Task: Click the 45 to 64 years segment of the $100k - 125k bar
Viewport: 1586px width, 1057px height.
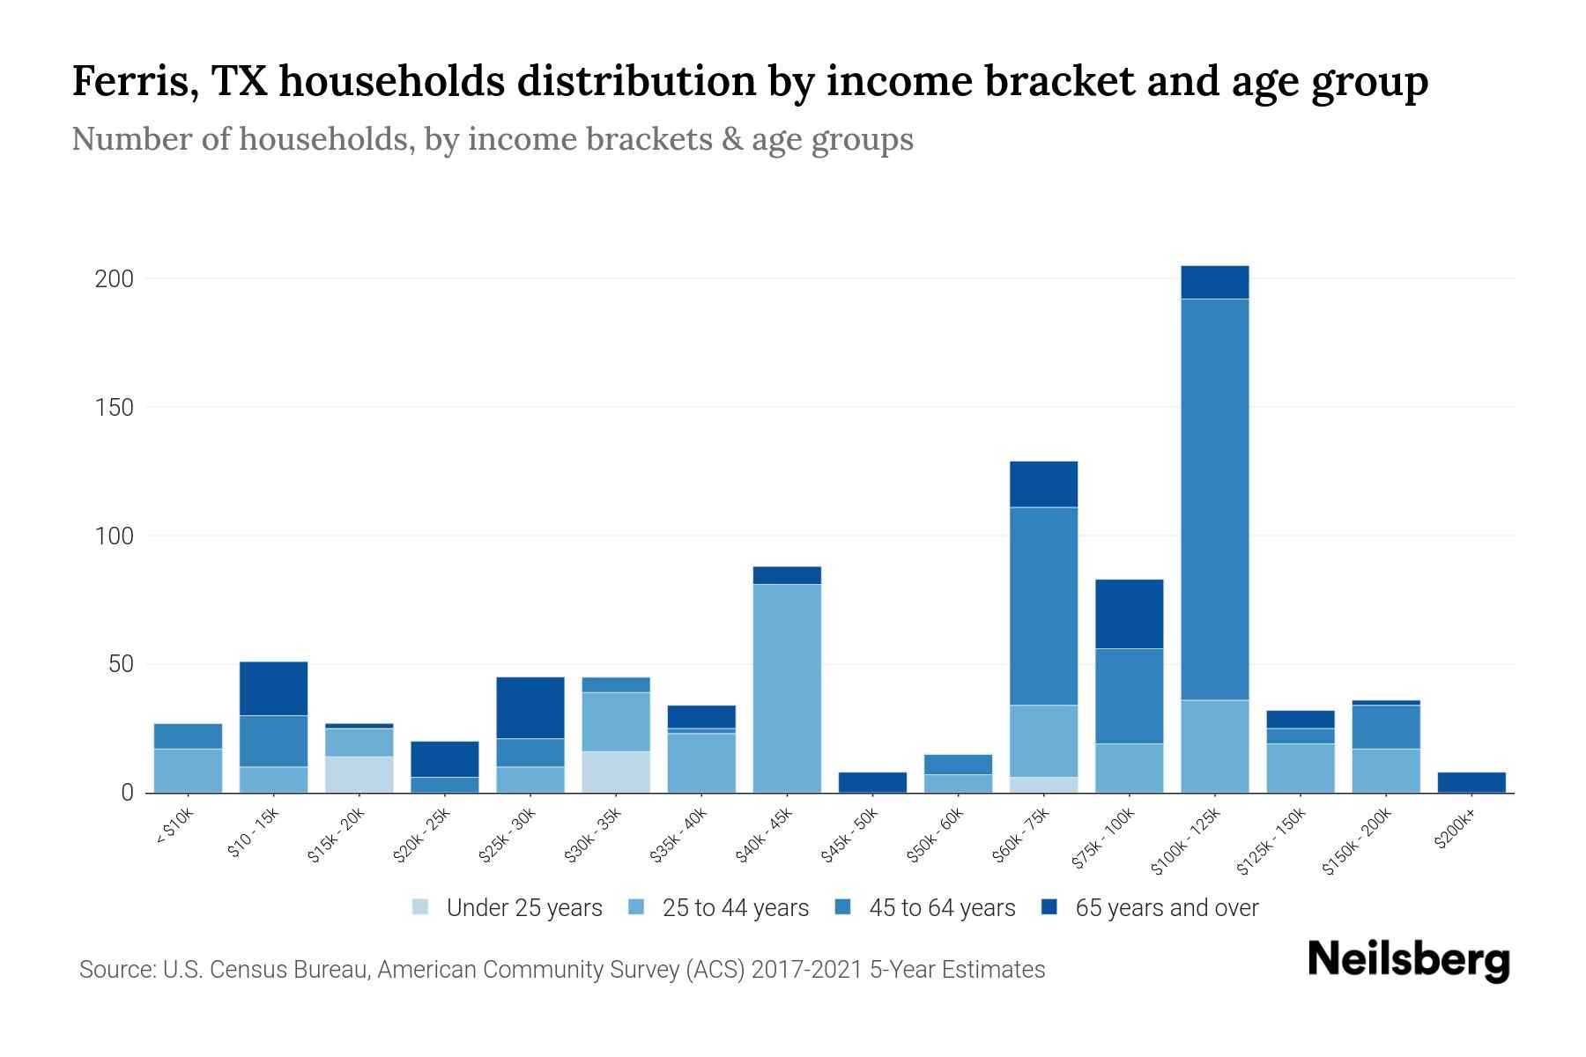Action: tap(1214, 499)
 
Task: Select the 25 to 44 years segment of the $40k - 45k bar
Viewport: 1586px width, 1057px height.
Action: tap(787, 688)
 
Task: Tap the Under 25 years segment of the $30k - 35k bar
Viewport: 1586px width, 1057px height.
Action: tap(616, 772)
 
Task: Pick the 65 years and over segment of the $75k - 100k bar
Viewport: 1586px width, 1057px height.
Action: tap(1129, 614)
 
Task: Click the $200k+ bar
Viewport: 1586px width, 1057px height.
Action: tap(1471, 782)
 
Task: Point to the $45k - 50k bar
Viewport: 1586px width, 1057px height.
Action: tap(872, 782)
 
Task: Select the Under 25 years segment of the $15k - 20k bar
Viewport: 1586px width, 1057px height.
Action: tap(359, 774)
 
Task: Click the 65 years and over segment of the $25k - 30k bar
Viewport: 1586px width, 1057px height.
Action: tap(530, 707)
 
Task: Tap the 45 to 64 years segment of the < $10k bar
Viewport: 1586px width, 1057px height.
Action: tap(188, 735)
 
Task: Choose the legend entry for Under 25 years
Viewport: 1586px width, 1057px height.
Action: tap(508, 908)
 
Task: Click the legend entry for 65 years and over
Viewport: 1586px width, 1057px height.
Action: tap(1150, 908)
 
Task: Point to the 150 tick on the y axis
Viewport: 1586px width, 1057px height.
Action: tap(114, 408)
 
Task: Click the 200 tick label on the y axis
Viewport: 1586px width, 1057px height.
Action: tap(114, 279)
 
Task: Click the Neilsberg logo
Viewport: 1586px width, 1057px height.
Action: tap(1408, 959)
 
